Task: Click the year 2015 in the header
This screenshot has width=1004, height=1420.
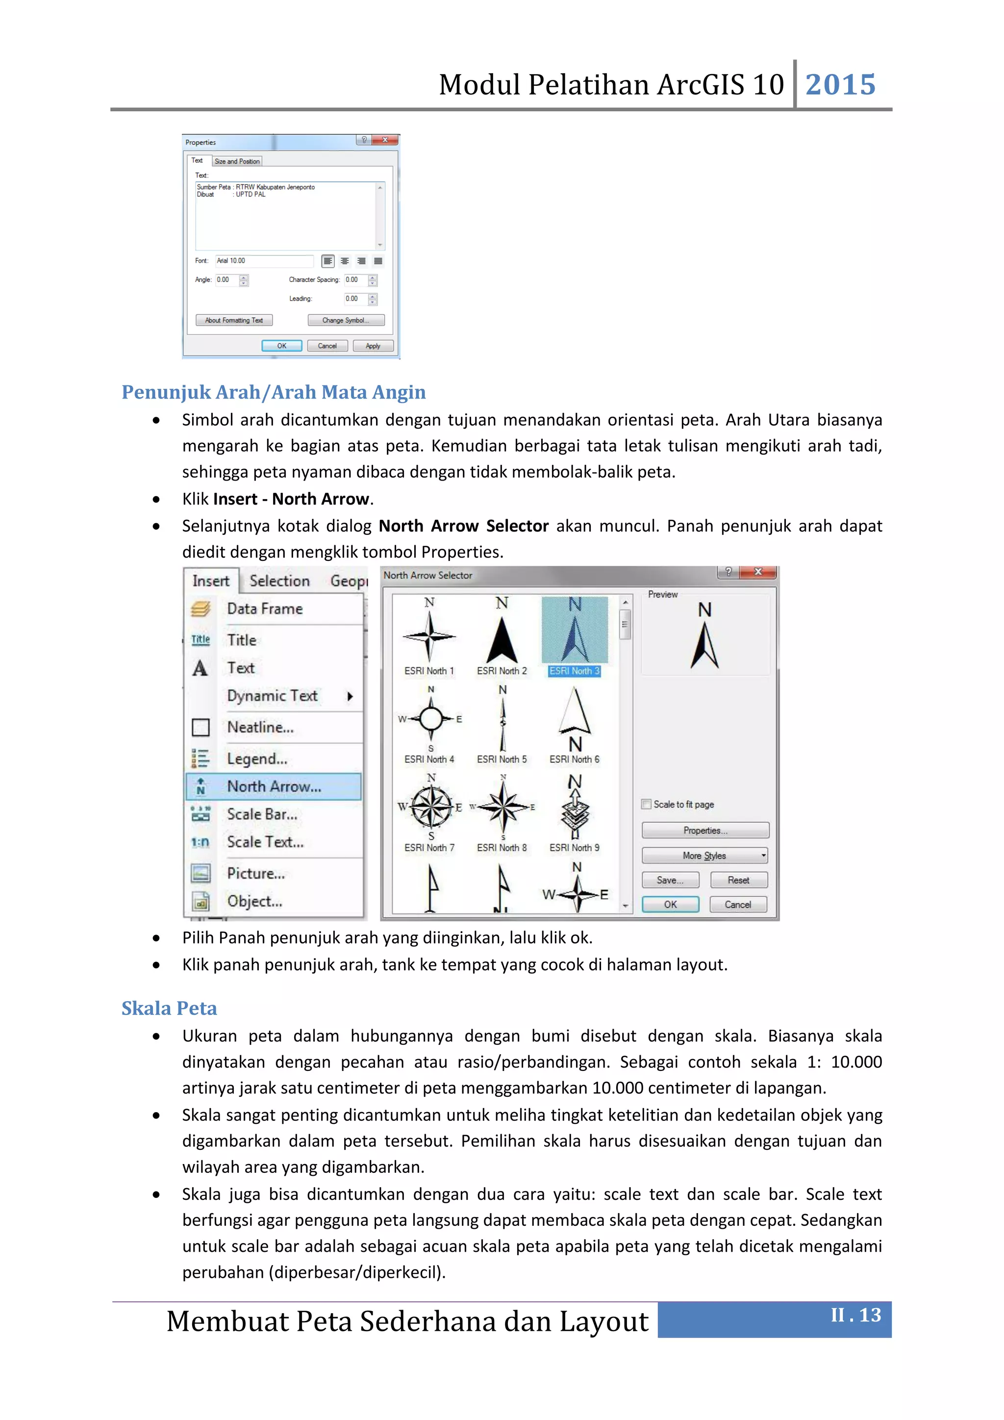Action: [840, 85]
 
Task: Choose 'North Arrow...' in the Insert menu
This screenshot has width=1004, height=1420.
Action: [274, 786]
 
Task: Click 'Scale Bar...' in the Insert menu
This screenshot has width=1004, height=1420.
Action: [262, 814]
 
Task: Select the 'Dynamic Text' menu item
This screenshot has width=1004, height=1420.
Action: [272, 696]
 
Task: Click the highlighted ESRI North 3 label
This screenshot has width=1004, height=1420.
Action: [575, 671]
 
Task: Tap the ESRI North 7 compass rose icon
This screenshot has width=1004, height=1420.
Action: [431, 807]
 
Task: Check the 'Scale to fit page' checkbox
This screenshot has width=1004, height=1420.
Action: [647, 804]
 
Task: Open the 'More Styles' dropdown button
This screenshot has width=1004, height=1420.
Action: [705, 855]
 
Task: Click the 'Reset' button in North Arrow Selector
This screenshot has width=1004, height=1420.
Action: [738, 880]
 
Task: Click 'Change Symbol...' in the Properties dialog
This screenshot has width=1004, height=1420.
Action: [346, 320]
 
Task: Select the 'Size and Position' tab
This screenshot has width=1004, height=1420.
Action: [237, 161]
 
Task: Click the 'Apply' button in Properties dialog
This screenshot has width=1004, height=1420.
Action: [373, 346]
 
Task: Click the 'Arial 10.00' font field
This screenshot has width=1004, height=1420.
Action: [264, 261]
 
